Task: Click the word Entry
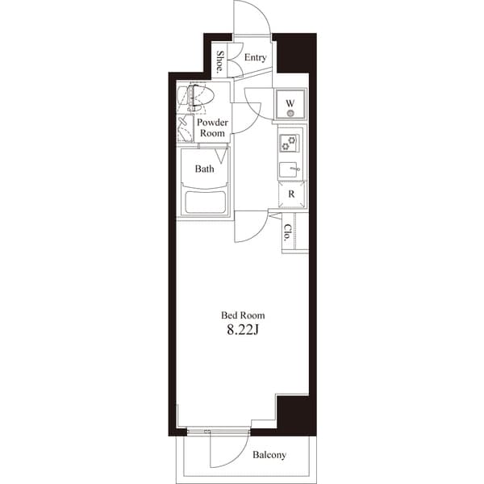[x=255, y=58]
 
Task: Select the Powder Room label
[x=212, y=127]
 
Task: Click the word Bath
[x=204, y=169]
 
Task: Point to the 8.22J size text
[x=243, y=329]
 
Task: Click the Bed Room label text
[x=243, y=315]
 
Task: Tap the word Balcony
[x=269, y=456]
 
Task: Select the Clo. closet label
[x=287, y=233]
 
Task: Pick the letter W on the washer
[x=290, y=102]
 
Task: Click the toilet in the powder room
[x=196, y=98]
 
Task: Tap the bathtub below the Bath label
[x=205, y=201]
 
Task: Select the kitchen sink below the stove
[x=289, y=169]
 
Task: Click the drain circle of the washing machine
[x=290, y=113]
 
